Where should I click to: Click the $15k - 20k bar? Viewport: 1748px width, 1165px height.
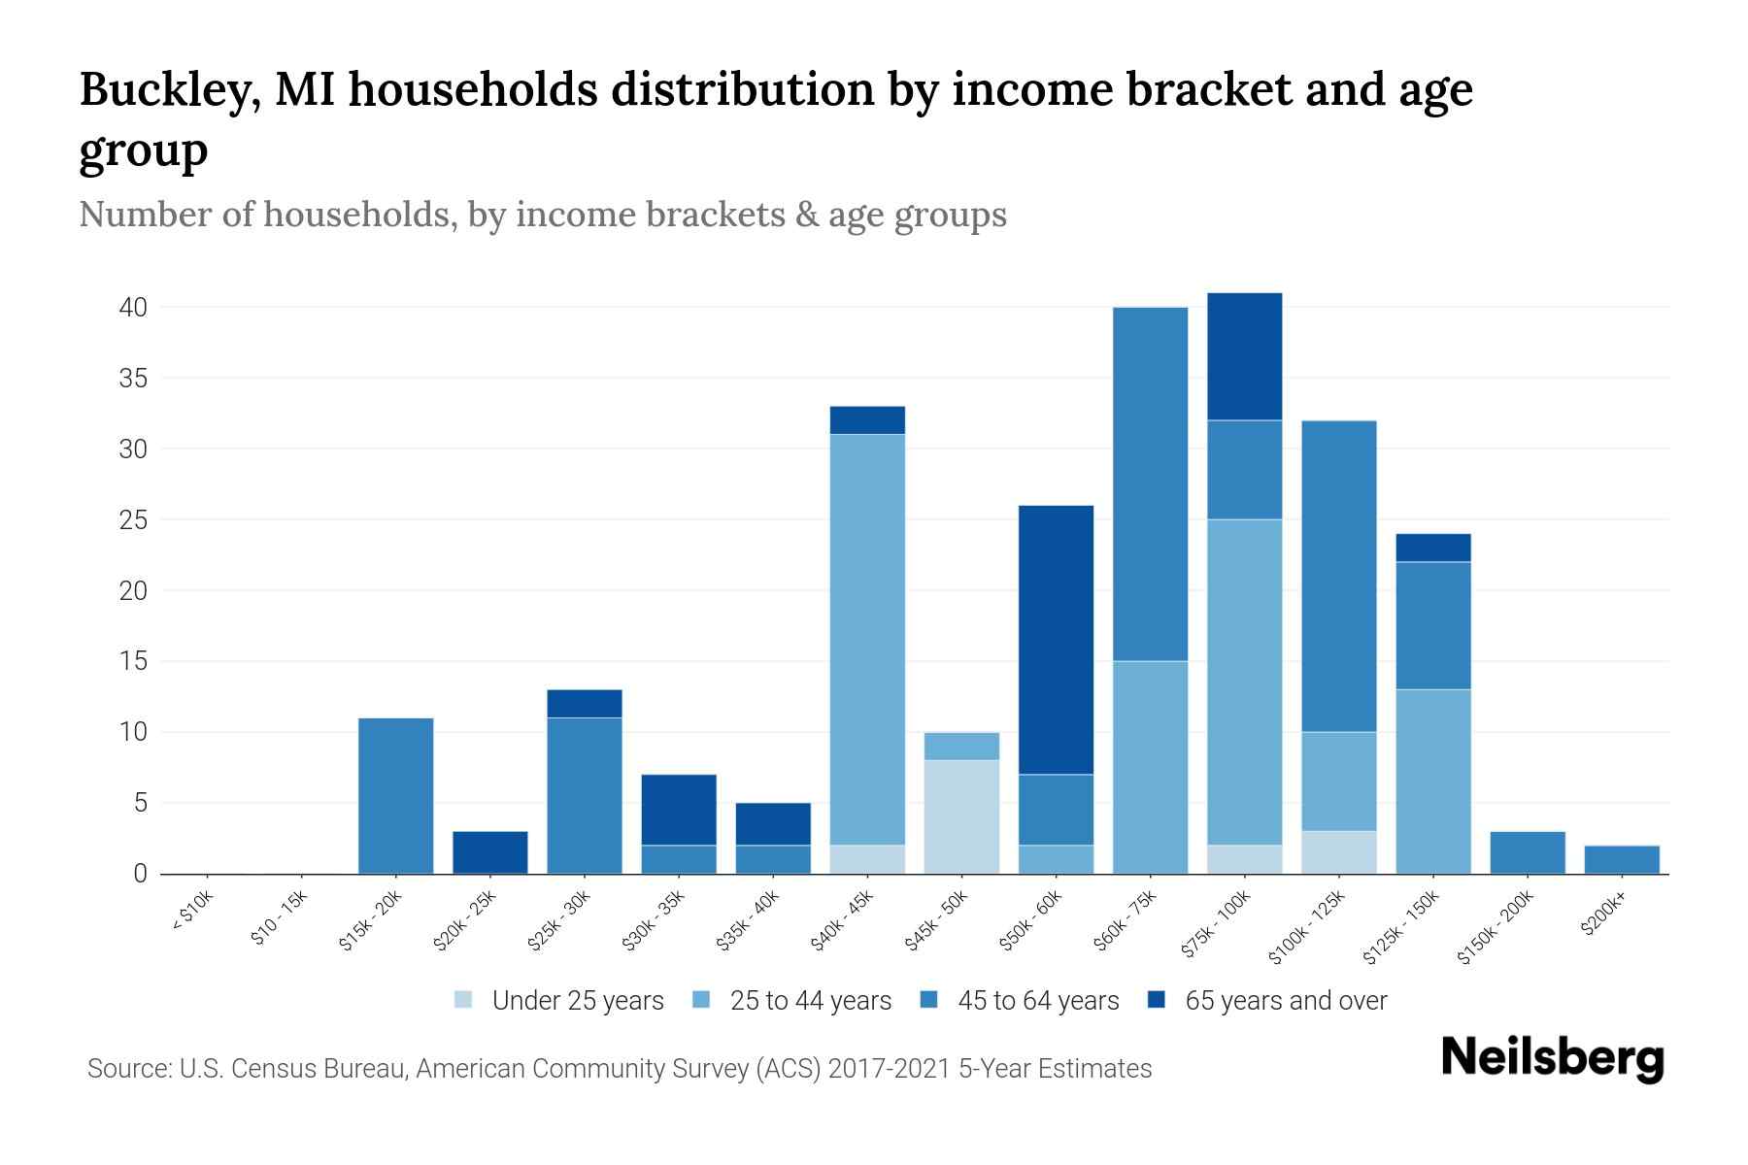point(395,796)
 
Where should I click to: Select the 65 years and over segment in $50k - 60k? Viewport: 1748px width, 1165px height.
point(1056,640)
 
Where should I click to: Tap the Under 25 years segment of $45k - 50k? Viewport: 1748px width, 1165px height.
point(961,816)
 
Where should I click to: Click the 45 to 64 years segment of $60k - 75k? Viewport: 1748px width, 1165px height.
point(1150,484)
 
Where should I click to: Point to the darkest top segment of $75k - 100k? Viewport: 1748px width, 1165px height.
point(1244,356)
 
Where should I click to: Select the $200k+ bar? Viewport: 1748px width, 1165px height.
point(1621,859)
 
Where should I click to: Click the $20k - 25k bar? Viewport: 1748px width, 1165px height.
point(489,852)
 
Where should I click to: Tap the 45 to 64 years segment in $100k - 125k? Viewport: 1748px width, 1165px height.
point(1338,576)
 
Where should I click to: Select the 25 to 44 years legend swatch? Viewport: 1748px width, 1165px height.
point(702,1001)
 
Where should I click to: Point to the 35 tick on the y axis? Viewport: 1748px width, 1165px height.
point(133,379)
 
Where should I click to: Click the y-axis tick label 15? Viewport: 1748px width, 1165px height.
point(133,662)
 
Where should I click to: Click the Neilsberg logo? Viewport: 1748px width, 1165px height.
point(1552,1058)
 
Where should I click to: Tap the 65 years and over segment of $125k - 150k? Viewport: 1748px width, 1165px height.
point(1432,548)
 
